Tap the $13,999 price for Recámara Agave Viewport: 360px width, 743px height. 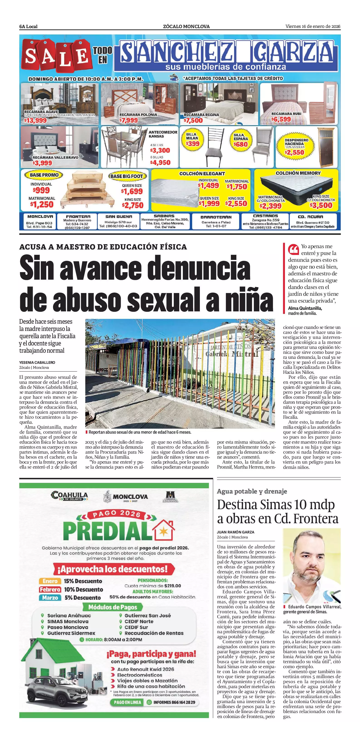[35, 121]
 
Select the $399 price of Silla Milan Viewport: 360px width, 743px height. [192, 144]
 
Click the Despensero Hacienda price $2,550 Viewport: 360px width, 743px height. [294, 153]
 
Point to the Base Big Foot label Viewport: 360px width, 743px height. [127, 176]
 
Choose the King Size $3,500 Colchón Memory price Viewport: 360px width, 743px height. [321, 205]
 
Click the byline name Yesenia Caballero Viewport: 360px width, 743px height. [37, 362]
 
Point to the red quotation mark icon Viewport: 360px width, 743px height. [293, 250]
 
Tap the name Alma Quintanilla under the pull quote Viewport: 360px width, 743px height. [305, 308]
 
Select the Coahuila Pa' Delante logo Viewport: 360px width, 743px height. [69, 496]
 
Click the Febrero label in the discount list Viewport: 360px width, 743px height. [50, 589]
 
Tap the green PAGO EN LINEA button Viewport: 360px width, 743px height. [127, 702]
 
